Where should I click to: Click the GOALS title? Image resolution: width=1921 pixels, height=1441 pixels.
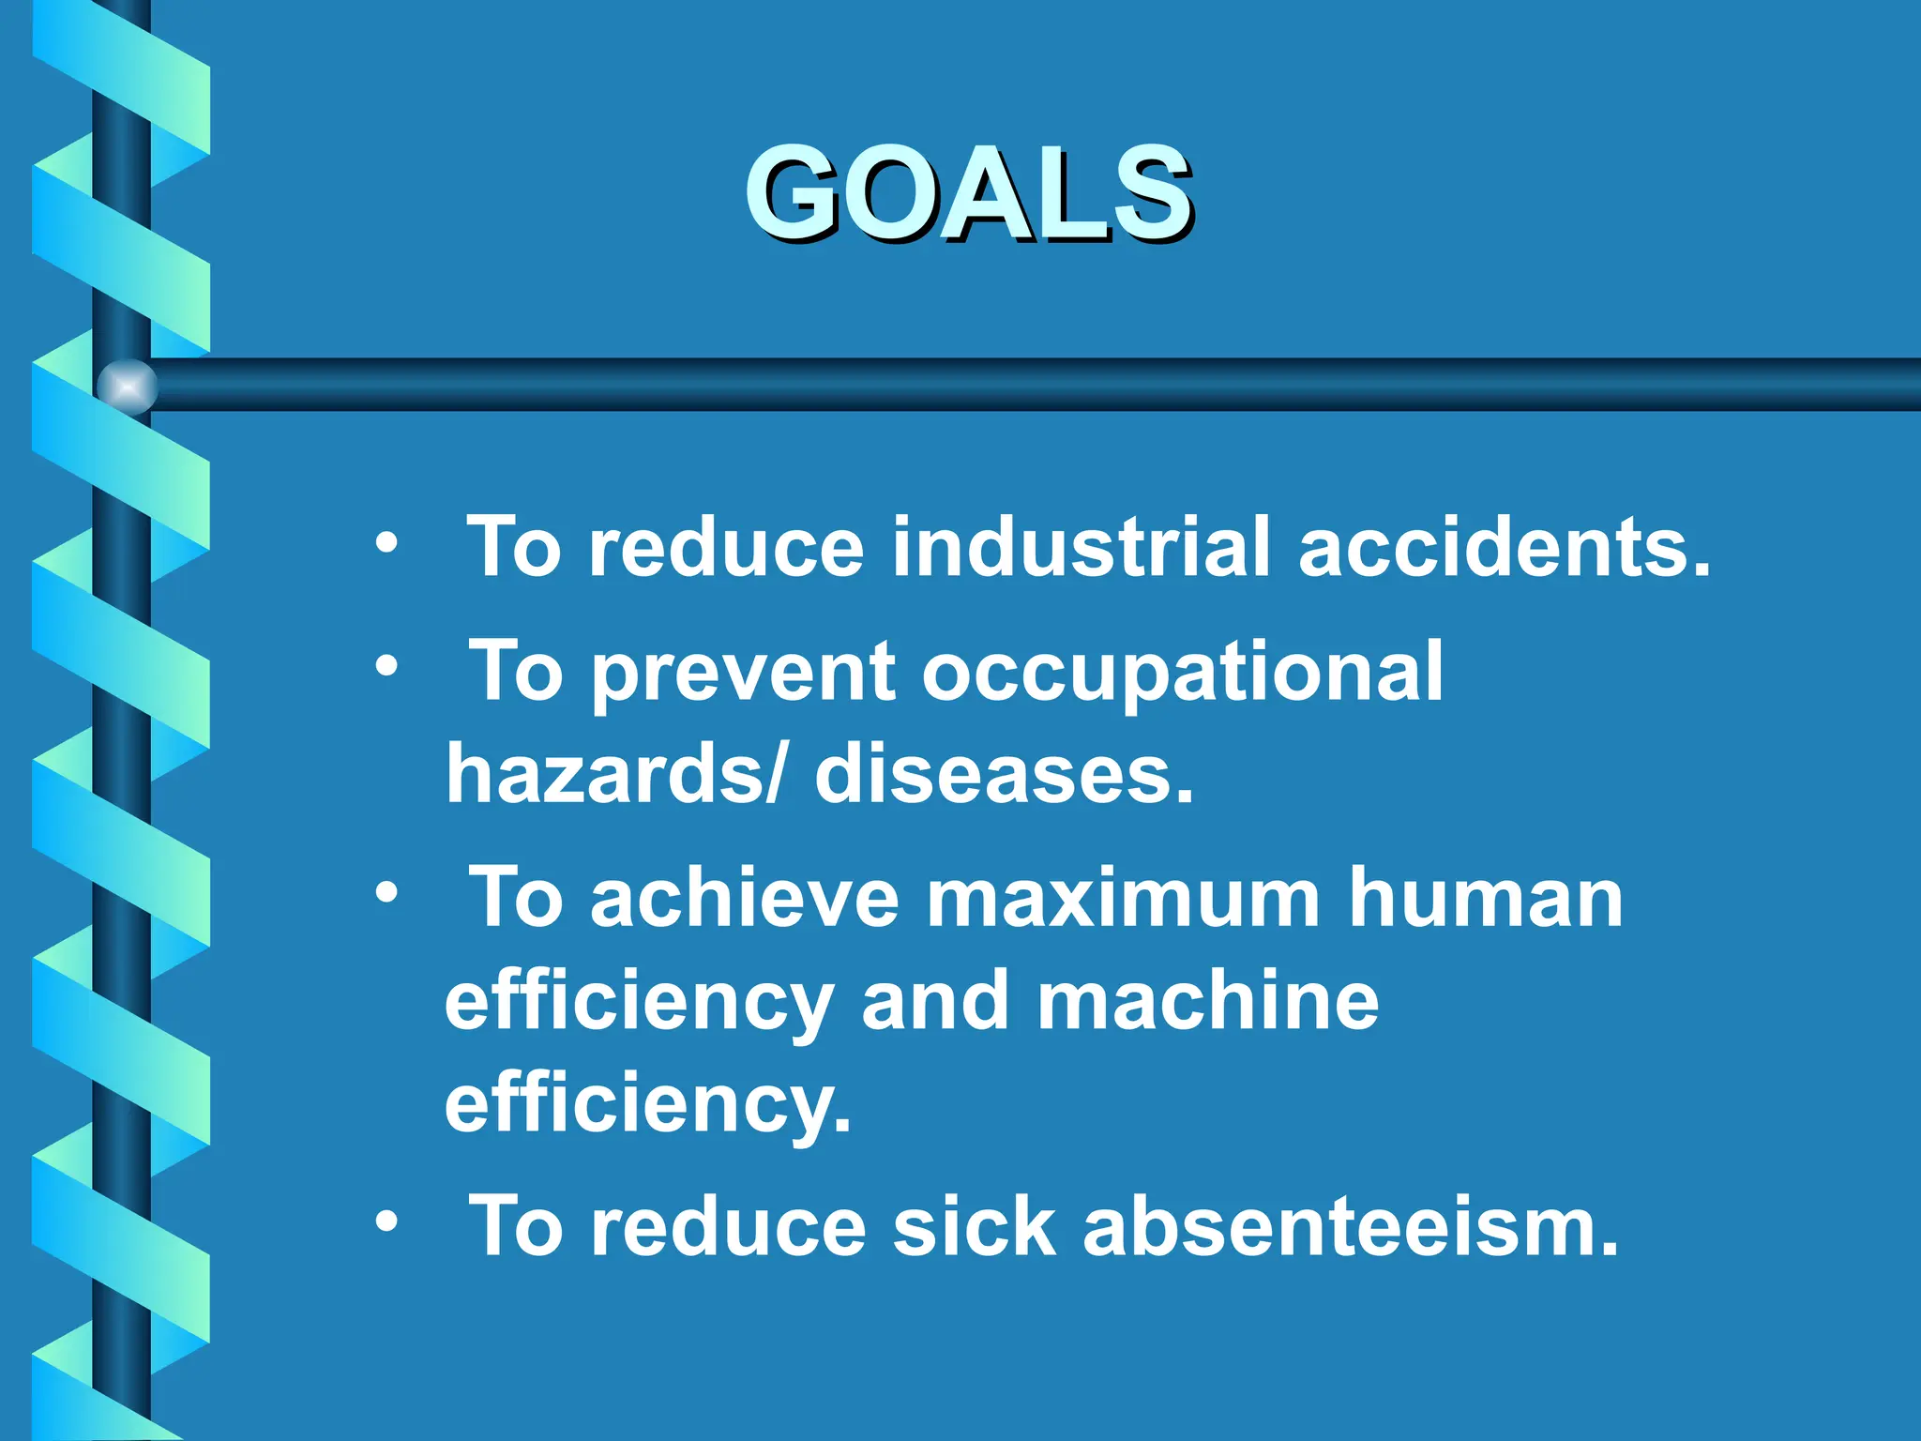[x=969, y=194]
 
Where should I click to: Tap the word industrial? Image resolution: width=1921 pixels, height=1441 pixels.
[x=1081, y=547]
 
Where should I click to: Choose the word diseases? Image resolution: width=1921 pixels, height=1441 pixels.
[x=1004, y=774]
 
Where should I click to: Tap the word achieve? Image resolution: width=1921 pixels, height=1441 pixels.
[x=744, y=899]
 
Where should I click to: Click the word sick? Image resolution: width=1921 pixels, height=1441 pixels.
[x=974, y=1226]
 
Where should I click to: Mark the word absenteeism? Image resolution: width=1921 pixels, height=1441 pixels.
[x=1351, y=1226]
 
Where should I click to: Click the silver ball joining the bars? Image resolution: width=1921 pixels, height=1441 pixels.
[x=127, y=386]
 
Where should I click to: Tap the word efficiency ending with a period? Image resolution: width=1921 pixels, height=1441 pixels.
[x=647, y=1104]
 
